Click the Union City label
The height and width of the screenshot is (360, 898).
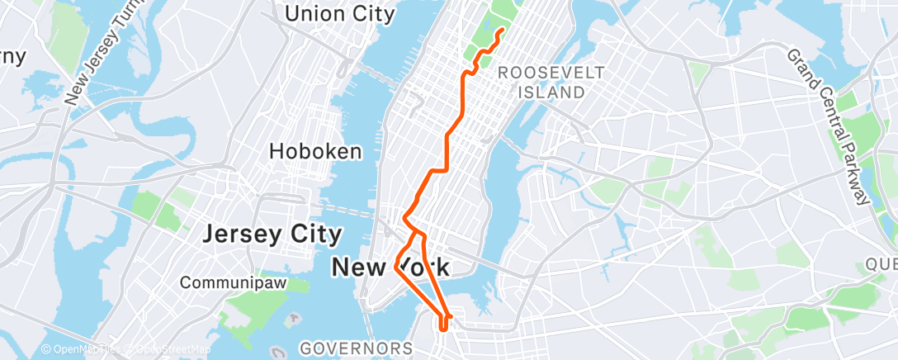(x=338, y=13)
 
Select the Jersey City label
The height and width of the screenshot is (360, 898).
(x=272, y=234)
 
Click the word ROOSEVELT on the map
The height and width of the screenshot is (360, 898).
(x=551, y=73)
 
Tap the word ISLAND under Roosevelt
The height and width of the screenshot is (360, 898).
(x=551, y=92)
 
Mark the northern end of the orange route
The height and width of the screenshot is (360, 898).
(x=503, y=31)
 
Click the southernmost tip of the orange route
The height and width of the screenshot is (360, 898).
(x=444, y=329)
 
